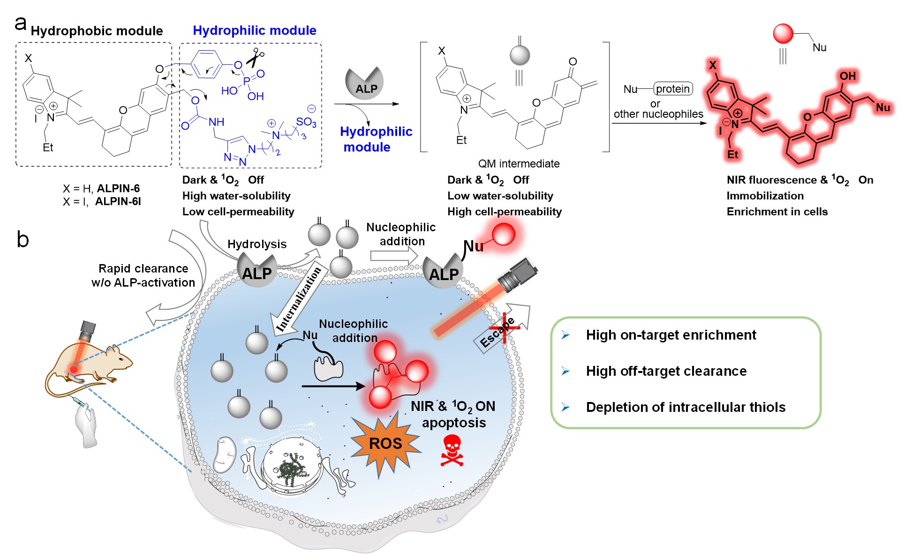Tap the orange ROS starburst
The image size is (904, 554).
(385, 444)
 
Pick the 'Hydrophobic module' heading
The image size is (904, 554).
(97, 31)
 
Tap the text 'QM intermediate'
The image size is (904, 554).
(519, 164)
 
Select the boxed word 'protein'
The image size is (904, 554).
(672, 89)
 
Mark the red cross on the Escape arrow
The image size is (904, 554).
(504, 327)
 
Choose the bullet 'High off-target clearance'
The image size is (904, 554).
(666, 371)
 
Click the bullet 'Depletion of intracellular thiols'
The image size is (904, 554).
(686, 407)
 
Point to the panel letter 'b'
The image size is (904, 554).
(23, 239)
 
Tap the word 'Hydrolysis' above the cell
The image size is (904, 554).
(256, 244)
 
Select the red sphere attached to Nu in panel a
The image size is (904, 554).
(783, 34)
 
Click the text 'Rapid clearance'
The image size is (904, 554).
(143, 268)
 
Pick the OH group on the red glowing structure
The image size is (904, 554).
(847, 76)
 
